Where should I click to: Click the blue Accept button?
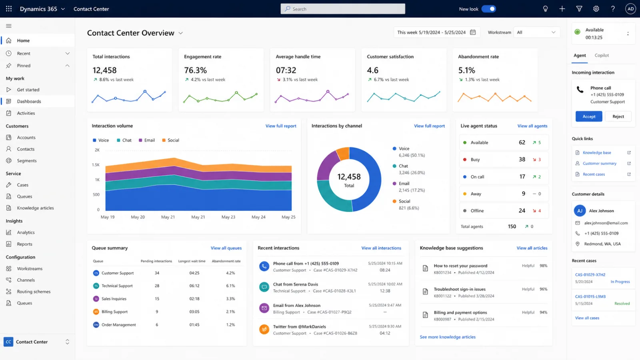588,116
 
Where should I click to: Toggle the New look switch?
488,9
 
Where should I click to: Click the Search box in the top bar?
342,9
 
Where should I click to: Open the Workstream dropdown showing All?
536,32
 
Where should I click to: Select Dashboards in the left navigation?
29,101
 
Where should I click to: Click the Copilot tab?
602,56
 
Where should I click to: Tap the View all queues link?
226,248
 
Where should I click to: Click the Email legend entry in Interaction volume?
147,140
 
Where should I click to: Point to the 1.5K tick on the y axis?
96,165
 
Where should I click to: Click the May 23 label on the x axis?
228,217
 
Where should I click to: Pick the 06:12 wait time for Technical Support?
194,286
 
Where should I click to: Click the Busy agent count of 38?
522,160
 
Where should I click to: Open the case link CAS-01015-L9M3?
590,296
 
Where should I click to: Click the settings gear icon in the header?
596,9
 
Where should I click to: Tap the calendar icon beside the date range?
473,32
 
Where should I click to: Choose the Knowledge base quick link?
597,152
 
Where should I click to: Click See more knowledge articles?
448,337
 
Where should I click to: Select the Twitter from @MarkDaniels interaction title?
300,326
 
